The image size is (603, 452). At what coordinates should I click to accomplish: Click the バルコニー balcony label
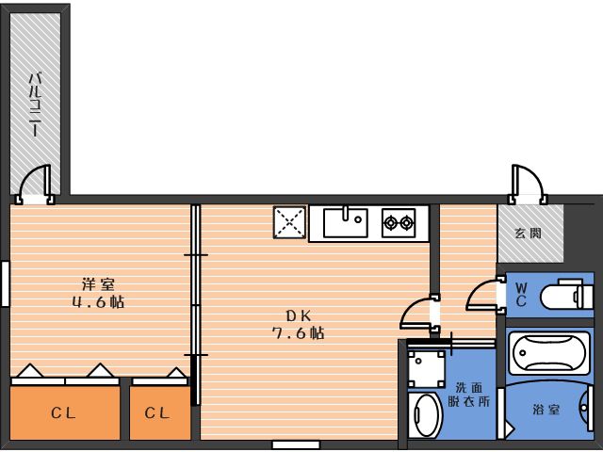pos(35,105)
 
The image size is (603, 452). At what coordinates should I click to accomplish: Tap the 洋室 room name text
pos(98,284)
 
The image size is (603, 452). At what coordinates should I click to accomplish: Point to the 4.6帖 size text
pos(98,302)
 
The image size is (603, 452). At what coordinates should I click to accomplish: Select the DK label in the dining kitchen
pos(298,316)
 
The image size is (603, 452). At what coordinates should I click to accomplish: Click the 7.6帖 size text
pos(298,332)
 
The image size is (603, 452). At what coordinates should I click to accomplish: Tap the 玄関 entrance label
pos(529,233)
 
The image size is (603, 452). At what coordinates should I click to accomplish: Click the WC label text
pos(521,295)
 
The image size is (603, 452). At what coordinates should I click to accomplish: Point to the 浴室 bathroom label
pos(546,410)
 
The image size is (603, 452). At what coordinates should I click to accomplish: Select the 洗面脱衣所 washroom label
pos(469,395)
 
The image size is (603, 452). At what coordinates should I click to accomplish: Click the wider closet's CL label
pos(63,413)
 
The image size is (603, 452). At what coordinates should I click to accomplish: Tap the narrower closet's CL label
pos(157,413)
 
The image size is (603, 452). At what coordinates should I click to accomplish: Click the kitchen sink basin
pos(346,222)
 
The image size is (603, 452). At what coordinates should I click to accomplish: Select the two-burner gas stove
pos(399,222)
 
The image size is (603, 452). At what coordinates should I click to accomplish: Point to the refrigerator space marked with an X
pos(289,222)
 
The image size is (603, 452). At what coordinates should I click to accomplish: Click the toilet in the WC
pos(566,295)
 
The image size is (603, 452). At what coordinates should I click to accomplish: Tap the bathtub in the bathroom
pos(548,353)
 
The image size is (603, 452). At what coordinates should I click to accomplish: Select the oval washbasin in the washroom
pos(425,414)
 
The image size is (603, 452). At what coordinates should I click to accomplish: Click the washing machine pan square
pos(427,368)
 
